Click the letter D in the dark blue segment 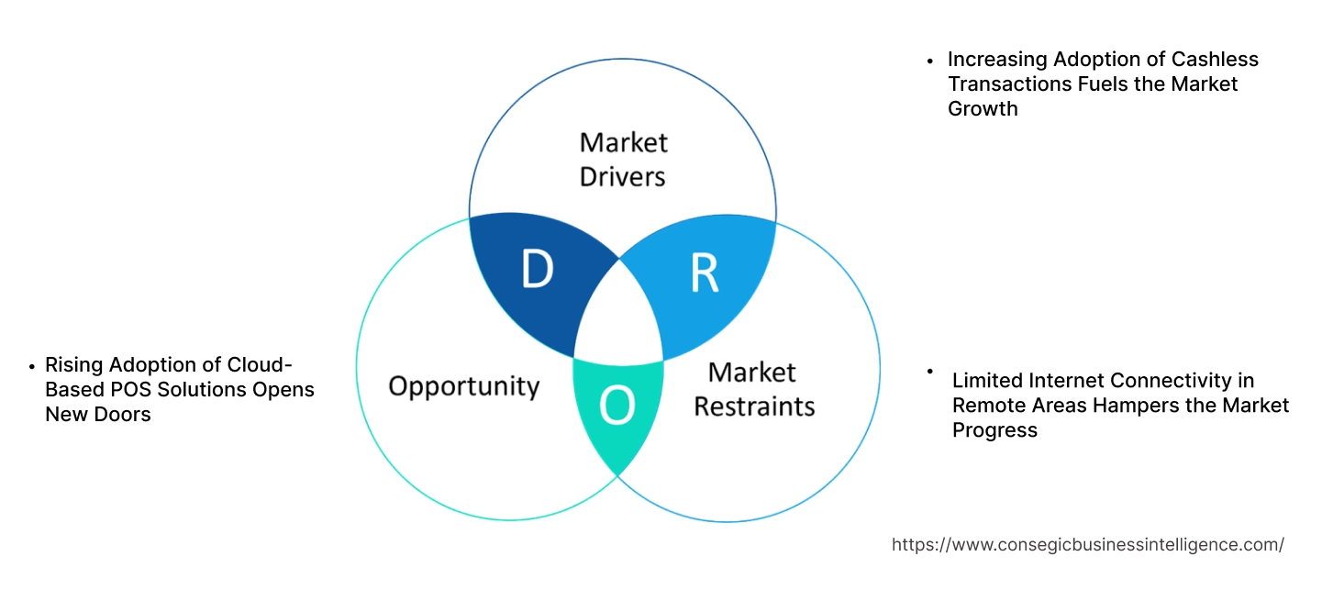pos(537,270)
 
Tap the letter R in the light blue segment pos(705,272)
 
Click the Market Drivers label pos(623,159)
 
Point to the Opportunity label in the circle pos(463,385)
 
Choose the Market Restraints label pos(753,389)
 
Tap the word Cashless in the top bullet pos(1215,60)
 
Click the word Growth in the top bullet pos(983,109)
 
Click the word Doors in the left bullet pos(125,415)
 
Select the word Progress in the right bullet pos(994,430)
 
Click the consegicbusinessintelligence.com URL pos(1087,545)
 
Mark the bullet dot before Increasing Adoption pos(930,61)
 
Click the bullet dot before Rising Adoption pos(33,366)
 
